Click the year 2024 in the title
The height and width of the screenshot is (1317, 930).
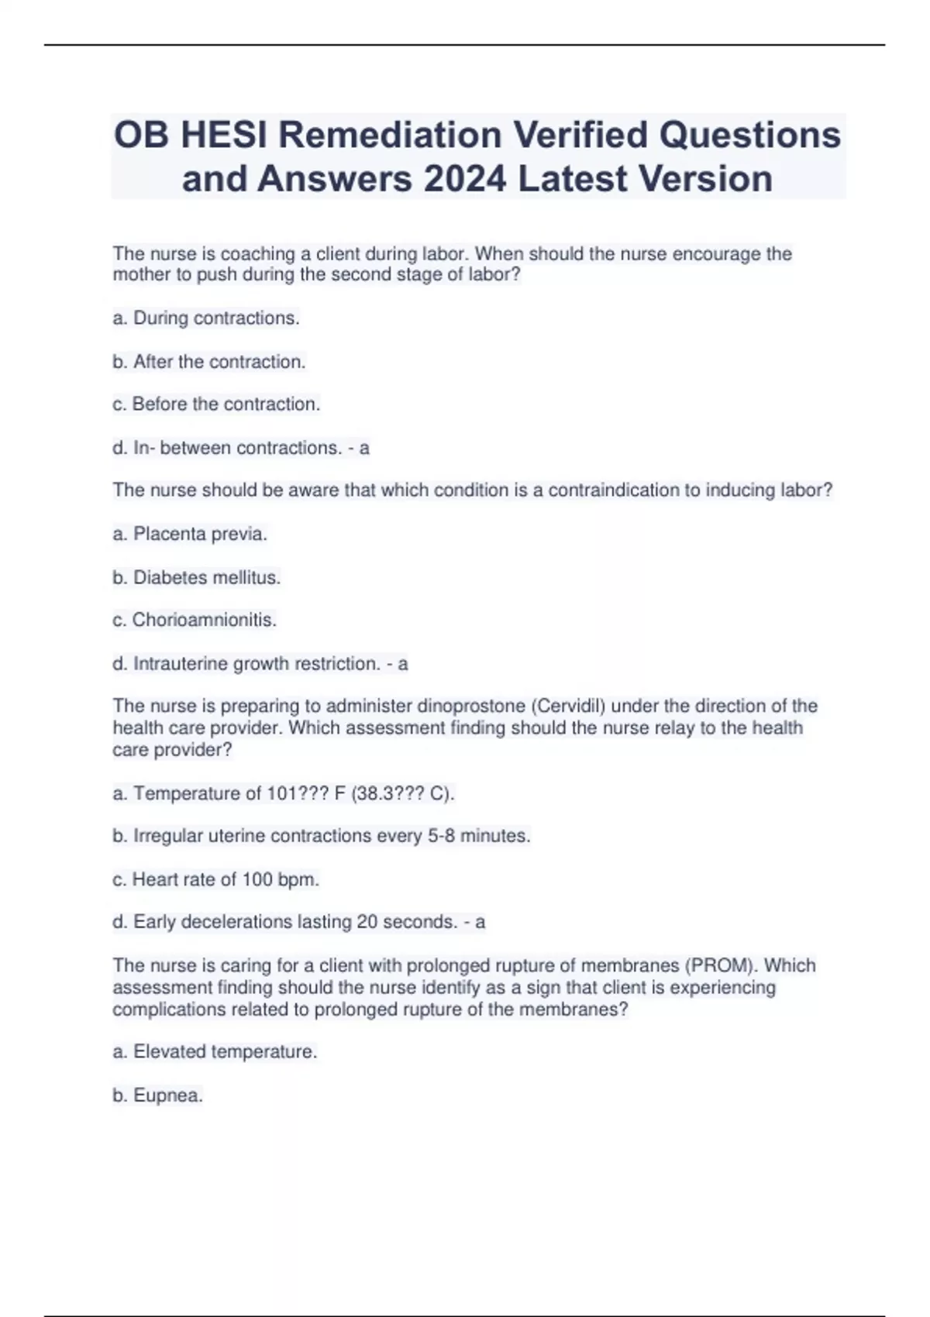(x=464, y=179)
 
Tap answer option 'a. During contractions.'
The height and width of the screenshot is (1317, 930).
(x=206, y=318)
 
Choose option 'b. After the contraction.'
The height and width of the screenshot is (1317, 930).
(x=209, y=362)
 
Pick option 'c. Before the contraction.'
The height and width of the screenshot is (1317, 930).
(x=216, y=404)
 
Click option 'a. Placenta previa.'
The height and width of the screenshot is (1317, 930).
(x=190, y=534)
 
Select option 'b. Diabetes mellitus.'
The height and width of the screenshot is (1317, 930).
(x=197, y=577)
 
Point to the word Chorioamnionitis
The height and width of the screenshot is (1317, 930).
(x=204, y=620)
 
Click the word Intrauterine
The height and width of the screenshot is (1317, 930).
(x=181, y=664)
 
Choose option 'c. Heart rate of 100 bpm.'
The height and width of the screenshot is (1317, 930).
(x=216, y=879)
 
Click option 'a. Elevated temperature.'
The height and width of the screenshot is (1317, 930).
(x=215, y=1052)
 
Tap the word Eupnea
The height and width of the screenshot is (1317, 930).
(x=167, y=1095)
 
